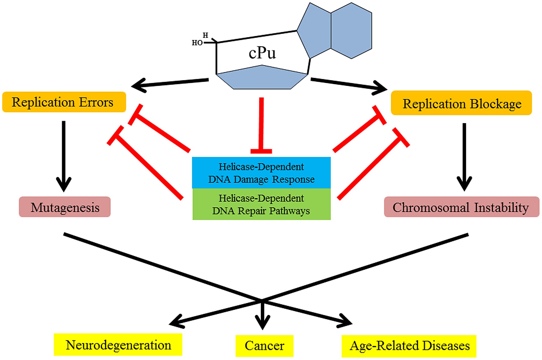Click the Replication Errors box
[x=64, y=102]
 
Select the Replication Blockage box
[x=461, y=103]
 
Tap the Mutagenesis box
[x=65, y=207]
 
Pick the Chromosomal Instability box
[x=461, y=207]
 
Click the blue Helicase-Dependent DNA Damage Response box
[x=261, y=173]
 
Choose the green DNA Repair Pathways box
[x=262, y=204]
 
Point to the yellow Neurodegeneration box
[x=118, y=344]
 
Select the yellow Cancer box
[x=264, y=346]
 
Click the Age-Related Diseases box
[x=409, y=346]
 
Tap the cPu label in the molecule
[x=262, y=53]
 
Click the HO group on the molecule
[x=197, y=43]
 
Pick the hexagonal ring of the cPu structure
[x=351, y=31]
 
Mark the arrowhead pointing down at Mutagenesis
[x=64, y=185]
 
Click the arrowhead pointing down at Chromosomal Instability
[x=464, y=184]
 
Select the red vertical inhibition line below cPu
[x=262, y=125]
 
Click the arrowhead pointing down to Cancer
[x=262, y=322]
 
